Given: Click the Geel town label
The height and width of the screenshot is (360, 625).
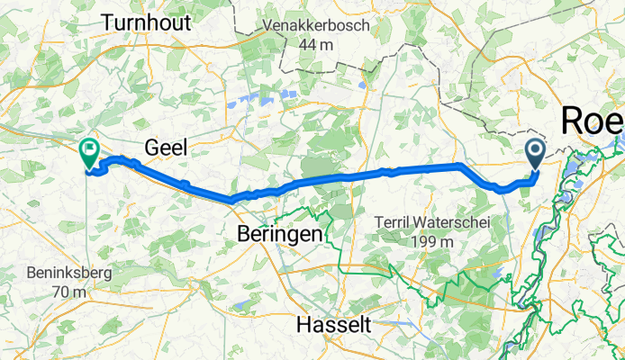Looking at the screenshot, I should [166, 148].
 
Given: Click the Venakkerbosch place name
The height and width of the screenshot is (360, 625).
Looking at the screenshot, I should [316, 26].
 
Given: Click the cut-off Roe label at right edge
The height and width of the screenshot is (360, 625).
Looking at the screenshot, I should [593, 121].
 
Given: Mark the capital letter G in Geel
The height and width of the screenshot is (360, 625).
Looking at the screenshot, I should [152, 148].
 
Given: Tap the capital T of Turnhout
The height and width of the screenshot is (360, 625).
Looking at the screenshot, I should [109, 23].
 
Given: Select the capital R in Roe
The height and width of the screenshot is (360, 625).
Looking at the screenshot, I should [572, 121].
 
